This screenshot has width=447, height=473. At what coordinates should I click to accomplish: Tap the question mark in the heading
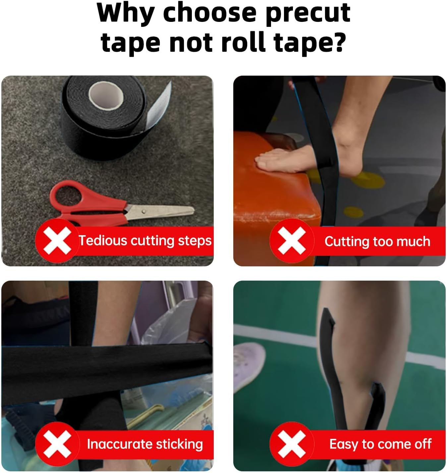[338, 42]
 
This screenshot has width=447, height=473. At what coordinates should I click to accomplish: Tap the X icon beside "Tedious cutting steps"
[57, 240]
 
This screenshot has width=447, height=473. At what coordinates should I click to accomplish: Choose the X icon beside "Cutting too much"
[291, 241]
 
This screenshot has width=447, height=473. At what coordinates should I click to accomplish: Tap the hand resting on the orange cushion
[282, 161]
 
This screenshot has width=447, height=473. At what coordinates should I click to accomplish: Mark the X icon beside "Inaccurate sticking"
[57, 444]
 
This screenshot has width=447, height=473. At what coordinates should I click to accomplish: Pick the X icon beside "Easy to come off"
[291, 444]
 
